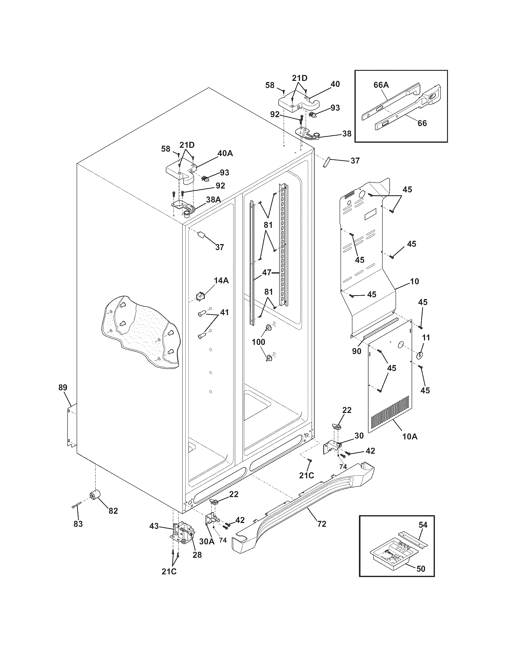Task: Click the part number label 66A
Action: pos(381,85)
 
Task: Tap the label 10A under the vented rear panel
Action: pos(410,436)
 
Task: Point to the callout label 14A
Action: pos(221,281)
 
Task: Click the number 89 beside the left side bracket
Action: pos(63,387)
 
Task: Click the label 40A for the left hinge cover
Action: pos(225,153)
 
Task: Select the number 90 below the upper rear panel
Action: pos(356,352)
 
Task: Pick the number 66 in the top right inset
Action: pos(422,123)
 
